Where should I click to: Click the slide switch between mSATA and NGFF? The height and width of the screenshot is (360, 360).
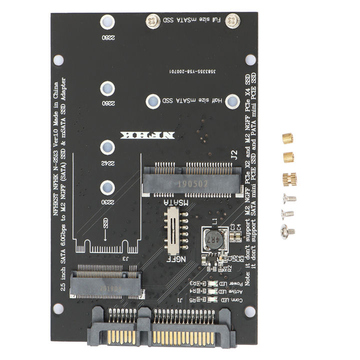pyautogui.click(x=173, y=227)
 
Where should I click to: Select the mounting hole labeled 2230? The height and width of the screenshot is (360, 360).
pyautogui.click(x=106, y=187)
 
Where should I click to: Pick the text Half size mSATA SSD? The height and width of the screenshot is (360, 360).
pyautogui.click(x=192, y=101)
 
